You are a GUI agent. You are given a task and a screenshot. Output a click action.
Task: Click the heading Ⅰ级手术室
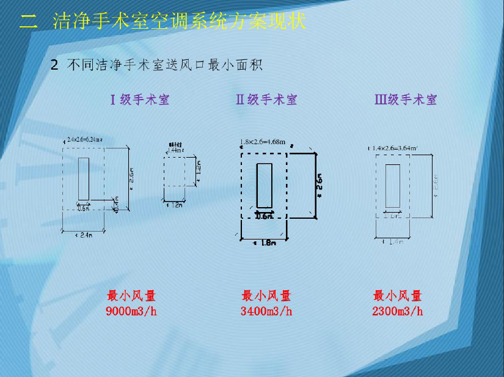point(140,100)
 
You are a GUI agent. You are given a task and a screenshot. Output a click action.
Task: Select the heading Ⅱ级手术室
point(266,100)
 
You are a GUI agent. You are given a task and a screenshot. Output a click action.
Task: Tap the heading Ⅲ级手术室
point(406,100)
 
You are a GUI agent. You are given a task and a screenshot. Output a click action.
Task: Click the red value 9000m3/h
point(131,312)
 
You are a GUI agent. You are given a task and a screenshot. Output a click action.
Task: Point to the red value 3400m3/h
point(266,312)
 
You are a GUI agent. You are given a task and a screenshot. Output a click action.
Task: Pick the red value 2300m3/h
point(398,312)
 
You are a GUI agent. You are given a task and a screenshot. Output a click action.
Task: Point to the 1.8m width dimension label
point(265,243)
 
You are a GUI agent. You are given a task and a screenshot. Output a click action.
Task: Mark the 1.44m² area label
point(176,149)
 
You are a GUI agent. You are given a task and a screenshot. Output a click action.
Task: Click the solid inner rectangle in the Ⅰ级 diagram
point(84,178)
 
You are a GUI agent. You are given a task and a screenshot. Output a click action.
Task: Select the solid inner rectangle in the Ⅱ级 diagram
point(265,185)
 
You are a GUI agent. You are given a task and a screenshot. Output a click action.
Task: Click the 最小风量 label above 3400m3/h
point(266,296)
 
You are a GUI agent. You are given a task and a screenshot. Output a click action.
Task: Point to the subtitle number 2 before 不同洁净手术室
point(54,65)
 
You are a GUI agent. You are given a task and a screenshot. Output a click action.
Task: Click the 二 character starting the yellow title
point(28,23)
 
